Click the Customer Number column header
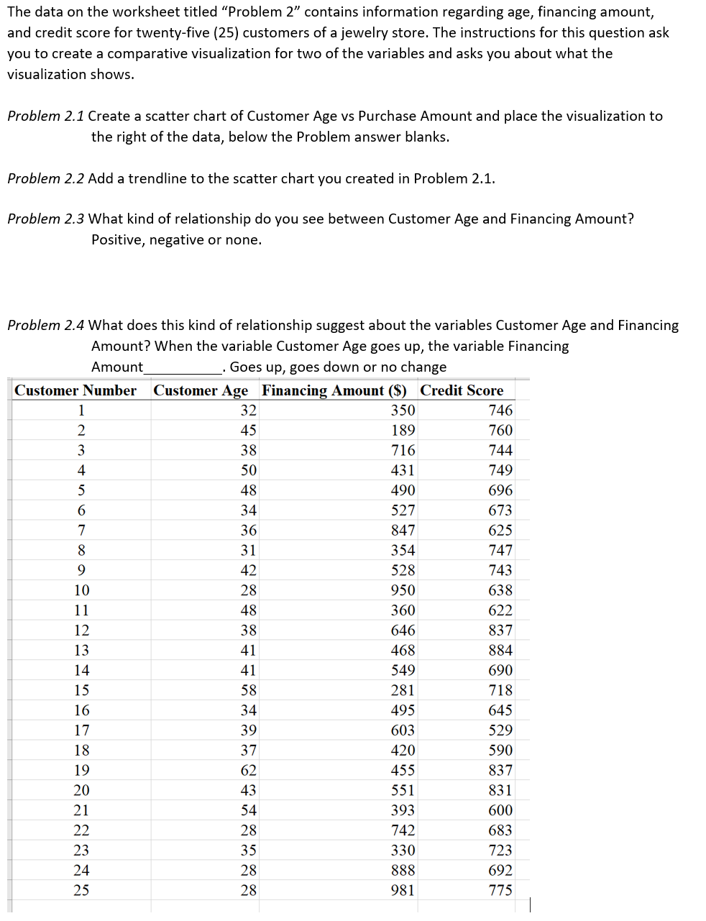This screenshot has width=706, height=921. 75,390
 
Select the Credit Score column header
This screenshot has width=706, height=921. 462,390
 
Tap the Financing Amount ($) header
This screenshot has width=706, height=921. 334,390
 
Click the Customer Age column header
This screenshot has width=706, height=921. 201,390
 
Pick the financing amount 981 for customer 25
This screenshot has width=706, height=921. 403,890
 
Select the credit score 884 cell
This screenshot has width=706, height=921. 500,650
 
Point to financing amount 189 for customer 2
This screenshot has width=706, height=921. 403,430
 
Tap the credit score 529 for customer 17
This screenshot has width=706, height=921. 500,730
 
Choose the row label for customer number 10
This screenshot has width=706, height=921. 82,590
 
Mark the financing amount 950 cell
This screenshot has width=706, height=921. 403,590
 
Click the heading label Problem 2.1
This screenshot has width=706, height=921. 45,116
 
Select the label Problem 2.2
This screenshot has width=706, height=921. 45,179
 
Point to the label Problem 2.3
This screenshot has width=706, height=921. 45,219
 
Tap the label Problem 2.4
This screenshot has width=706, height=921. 45,326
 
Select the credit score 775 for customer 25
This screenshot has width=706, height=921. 500,890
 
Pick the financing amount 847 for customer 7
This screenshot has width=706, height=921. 403,530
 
